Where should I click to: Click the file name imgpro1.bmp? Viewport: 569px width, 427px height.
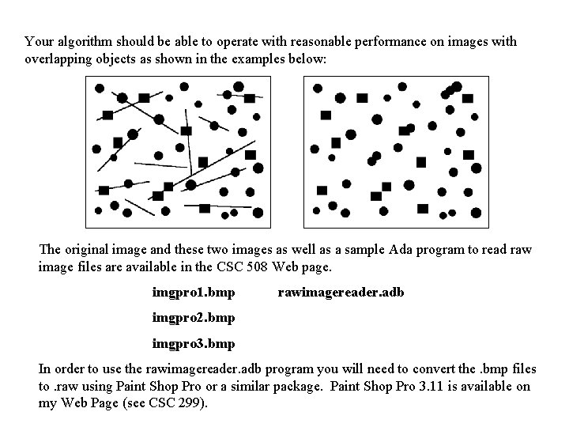[194, 293]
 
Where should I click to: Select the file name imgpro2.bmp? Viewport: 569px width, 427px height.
[194, 319]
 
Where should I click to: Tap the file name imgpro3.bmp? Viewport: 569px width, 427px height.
[194, 345]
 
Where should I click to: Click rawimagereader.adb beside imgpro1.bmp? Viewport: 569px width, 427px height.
[341, 293]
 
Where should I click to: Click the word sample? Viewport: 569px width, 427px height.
[364, 250]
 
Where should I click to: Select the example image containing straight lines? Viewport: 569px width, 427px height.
[177, 155]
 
